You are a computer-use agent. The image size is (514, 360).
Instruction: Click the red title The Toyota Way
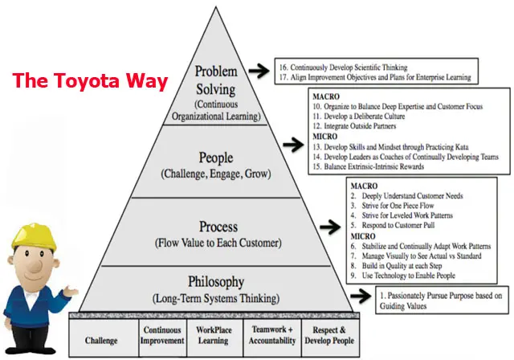point(90,80)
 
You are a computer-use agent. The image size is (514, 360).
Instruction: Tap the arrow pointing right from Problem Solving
point(258,72)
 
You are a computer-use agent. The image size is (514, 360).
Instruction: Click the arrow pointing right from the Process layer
point(331,227)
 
